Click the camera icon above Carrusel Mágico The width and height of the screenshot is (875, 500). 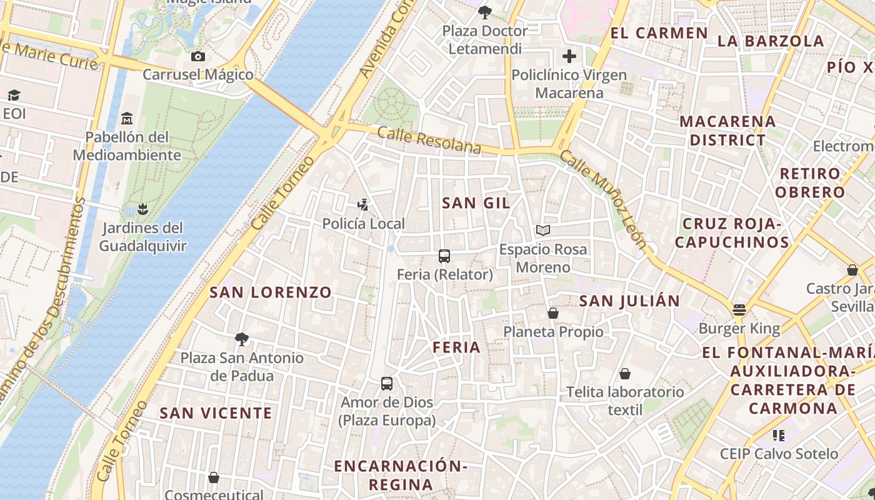(198, 57)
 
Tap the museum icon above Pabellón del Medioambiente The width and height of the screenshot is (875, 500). (127, 118)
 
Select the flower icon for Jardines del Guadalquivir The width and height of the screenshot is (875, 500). (142, 209)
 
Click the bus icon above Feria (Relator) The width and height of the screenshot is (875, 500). (444, 256)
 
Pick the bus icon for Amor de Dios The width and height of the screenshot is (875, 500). (387, 383)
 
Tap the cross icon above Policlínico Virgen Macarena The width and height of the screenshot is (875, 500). (569, 57)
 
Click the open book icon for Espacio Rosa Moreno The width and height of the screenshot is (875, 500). (543, 231)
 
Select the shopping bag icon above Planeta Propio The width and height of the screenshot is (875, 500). (552, 313)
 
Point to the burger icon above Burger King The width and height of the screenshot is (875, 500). (739, 310)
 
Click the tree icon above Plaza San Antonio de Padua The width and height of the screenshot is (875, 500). (242, 339)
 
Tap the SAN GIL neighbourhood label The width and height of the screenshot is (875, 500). (476, 202)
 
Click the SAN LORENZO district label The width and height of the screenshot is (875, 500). (271, 292)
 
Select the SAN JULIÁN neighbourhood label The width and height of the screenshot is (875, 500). (629, 301)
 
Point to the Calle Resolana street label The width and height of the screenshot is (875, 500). (429, 141)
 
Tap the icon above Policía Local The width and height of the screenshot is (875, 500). (362, 204)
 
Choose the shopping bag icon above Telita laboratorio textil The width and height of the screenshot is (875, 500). (625, 374)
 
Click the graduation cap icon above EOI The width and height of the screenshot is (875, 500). (14, 95)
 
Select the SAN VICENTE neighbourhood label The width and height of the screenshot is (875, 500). (216, 412)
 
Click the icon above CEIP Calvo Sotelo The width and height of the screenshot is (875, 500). (778, 435)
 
